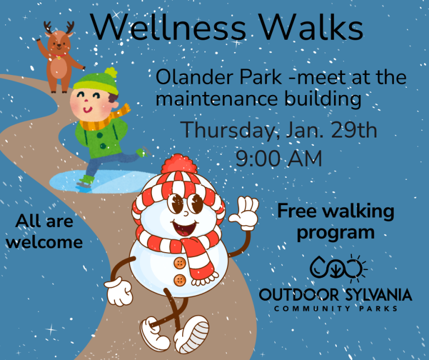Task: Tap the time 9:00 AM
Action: point(279,158)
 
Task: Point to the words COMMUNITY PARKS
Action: point(335,308)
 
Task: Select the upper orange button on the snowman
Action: point(179,263)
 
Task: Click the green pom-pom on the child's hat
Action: point(112,73)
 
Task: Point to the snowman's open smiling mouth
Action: point(183,228)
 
